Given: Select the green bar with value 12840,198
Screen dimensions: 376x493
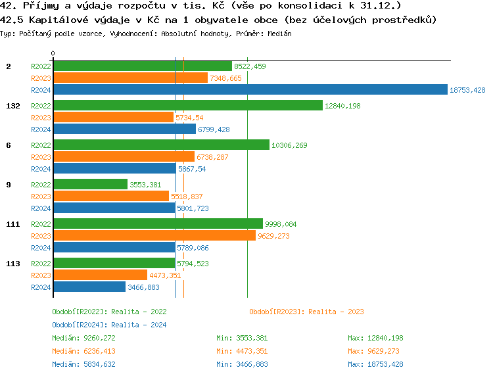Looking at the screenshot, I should tap(188, 105).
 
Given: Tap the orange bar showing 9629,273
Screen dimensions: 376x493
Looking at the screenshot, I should tap(154, 235).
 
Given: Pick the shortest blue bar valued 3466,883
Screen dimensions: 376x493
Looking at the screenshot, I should tap(89, 287).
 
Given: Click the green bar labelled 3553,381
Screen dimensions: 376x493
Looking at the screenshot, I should tap(90, 184).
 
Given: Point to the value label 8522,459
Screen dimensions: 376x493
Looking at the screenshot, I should tap(250, 66).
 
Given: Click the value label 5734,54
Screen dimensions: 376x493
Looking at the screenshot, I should tap(189, 118).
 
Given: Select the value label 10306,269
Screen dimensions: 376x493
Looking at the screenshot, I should tap(289, 145).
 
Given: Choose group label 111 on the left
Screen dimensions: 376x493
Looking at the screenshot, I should tap(12, 224).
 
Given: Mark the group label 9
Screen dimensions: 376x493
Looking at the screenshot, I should tap(8, 185).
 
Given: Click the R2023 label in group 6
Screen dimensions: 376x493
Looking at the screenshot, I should tap(41, 157).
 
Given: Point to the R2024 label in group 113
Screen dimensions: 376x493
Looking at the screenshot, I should tap(41, 287).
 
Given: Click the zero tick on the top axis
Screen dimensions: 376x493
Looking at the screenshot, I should tap(53, 54).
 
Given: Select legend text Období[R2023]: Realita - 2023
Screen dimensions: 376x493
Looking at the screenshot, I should tap(306, 312).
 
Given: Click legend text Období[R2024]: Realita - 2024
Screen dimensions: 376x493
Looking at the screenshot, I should tap(109, 325).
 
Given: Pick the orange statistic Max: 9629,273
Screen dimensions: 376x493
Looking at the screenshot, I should tap(375, 351).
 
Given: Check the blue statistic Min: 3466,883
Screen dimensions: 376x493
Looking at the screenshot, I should tap(241, 364).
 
